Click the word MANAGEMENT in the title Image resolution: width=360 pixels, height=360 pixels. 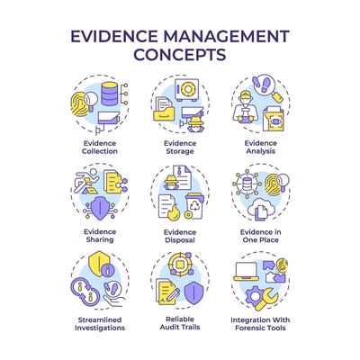tap(226, 36)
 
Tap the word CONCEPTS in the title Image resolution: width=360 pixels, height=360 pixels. tap(180, 54)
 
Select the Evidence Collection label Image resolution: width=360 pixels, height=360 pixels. tap(100, 148)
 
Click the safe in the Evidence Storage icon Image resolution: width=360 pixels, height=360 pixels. tap(187, 89)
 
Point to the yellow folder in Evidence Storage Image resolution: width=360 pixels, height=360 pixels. tap(164, 114)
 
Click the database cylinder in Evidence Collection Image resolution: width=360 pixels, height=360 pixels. tap(109, 94)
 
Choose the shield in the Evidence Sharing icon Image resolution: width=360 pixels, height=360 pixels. tap(100, 208)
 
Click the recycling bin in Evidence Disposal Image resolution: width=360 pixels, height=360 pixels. tap(194, 206)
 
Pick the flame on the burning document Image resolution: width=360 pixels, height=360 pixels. tap(173, 213)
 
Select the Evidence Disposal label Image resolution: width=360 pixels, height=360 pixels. tap(180, 236)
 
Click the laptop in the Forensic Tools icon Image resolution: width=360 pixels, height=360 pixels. tap(246, 272)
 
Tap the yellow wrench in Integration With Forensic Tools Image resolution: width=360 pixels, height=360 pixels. tap(266, 300)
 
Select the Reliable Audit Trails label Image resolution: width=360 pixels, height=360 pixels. tap(180, 323)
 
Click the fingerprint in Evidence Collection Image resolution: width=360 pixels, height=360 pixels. tap(79, 104)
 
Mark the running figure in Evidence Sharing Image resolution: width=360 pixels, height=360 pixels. tap(86, 181)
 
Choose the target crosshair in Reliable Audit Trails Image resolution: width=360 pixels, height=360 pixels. tap(180, 265)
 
